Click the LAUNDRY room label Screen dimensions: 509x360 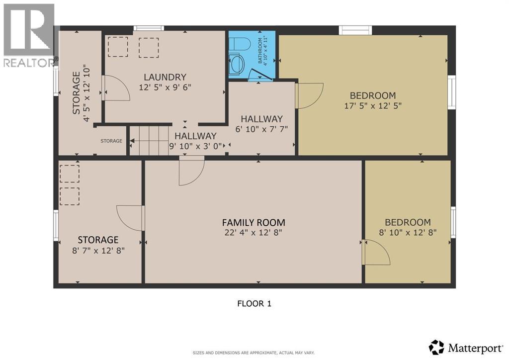pyautogui.click(x=165, y=77)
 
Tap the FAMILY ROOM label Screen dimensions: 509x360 pyautogui.click(x=254, y=222)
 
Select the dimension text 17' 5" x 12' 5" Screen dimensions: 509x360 pyautogui.click(x=373, y=105)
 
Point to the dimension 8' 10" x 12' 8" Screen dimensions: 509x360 pyautogui.click(x=408, y=232)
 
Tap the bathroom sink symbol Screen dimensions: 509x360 pyautogui.click(x=238, y=63)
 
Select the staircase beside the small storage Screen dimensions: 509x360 pyautogui.click(x=149, y=141)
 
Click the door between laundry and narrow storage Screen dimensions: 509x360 pyautogui.click(x=116, y=88)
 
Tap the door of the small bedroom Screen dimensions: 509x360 pyautogui.click(x=376, y=252)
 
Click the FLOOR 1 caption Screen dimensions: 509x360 pyautogui.click(x=254, y=303)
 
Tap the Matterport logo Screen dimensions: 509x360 pyautogui.click(x=466, y=348)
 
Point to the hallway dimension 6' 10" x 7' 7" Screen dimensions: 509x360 pyautogui.click(x=261, y=129)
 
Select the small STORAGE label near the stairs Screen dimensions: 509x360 pyautogui.click(x=111, y=141)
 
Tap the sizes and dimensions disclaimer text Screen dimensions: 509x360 pyautogui.click(x=254, y=353)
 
